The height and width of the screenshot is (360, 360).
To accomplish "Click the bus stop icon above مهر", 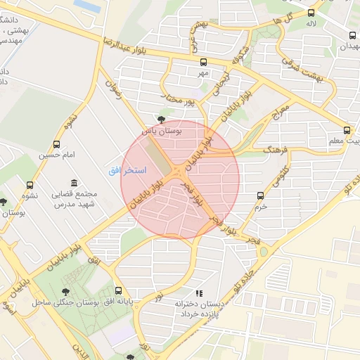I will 203,62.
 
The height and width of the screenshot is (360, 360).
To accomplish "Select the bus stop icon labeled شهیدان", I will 352,35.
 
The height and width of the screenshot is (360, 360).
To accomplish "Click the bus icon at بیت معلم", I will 347,130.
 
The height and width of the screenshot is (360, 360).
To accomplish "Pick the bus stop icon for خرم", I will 261,195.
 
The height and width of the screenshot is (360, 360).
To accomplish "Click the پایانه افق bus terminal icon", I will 117,291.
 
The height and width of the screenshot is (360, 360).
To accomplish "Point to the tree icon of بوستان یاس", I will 162,120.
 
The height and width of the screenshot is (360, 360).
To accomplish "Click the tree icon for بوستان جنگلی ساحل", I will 66,292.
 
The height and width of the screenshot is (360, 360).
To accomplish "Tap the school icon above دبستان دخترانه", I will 199,293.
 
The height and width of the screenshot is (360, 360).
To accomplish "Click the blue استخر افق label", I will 127,171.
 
